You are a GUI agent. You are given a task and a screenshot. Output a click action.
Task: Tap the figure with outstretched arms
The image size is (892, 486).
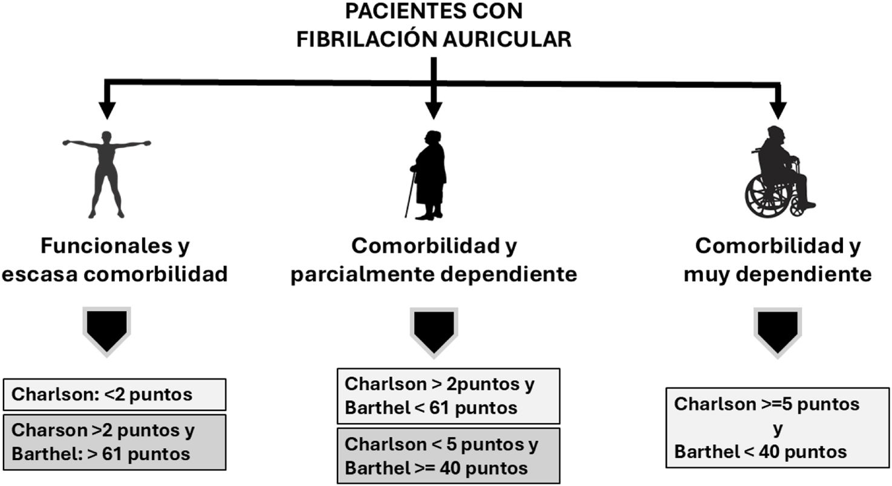coord(106,173)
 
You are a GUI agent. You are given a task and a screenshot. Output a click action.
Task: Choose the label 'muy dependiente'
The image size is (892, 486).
coord(778,274)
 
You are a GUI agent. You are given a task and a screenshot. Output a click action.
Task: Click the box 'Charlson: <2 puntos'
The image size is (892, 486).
coord(115,395)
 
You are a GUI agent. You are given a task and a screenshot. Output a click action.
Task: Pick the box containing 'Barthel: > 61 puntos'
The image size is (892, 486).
coord(115,442)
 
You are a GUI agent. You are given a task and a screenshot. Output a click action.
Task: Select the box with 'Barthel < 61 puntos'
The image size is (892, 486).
coord(448,396)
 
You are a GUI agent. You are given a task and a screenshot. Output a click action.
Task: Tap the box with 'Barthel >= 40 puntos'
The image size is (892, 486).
coord(448,456)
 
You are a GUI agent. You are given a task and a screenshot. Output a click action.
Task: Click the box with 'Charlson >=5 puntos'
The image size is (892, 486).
coord(778,428)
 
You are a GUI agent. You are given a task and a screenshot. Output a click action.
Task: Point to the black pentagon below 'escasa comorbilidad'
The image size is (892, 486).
coord(107,330)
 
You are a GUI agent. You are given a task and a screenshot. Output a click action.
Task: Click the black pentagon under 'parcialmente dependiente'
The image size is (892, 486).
coord(434,330)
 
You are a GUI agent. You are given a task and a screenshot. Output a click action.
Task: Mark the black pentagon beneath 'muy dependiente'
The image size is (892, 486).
coord(778,330)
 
